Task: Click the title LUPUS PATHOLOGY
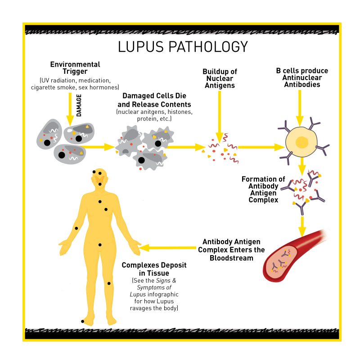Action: [182, 47]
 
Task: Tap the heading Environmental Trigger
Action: [75, 68]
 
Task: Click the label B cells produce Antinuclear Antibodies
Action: [301, 78]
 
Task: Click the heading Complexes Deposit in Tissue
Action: [154, 269]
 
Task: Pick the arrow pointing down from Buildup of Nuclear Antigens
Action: [219, 115]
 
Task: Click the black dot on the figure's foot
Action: [82, 321]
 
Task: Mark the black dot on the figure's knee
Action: [108, 283]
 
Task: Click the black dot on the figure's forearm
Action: [76, 229]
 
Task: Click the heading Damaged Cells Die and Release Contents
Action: [154, 100]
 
